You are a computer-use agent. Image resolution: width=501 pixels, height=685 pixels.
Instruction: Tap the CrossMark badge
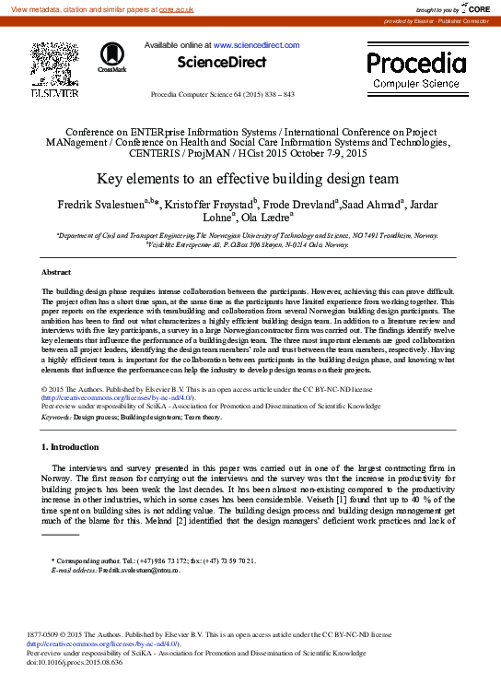click(x=112, y=57)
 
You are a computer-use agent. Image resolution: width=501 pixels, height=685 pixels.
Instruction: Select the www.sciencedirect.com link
click(x=256, y=45)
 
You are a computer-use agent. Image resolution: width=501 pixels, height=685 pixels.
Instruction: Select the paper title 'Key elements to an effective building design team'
click(x=250, y=180)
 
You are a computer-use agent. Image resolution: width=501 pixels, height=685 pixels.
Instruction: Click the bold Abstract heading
click(x=57, y=273)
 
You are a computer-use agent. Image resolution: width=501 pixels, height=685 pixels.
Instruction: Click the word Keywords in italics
click(x=56, y=417)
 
